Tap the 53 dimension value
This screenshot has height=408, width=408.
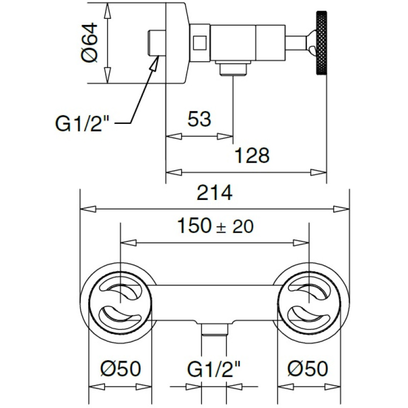[199, 120]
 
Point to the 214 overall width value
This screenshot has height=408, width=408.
[215, 193]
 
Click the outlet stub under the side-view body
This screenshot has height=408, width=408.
[232, 68]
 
